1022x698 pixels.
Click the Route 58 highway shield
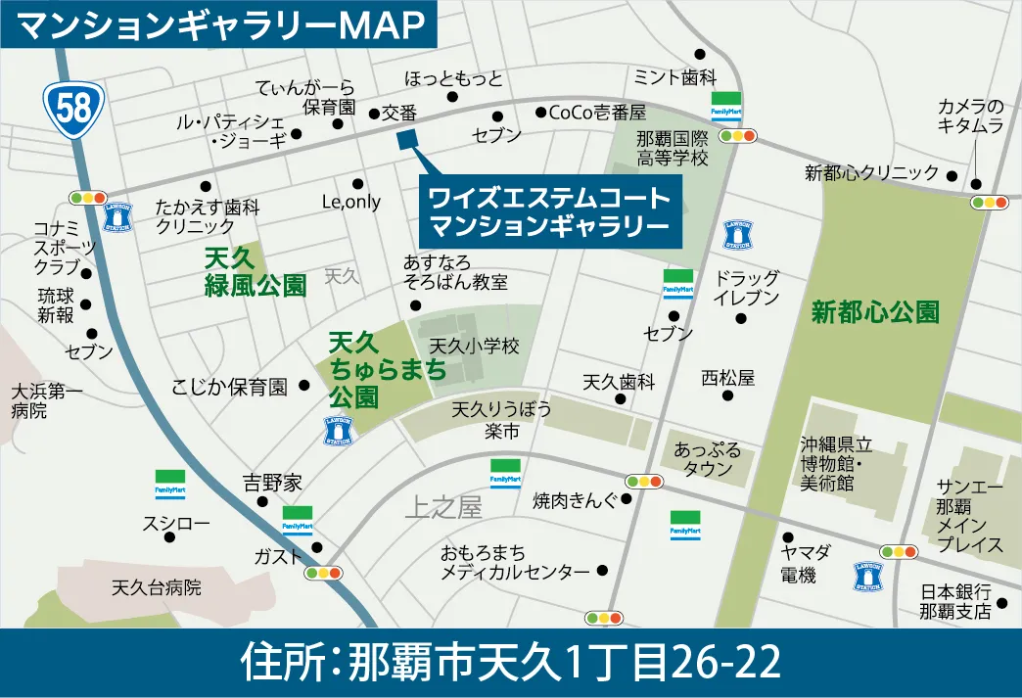73,107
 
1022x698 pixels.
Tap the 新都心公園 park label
875,312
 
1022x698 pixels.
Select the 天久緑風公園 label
255,273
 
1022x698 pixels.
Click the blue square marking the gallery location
408,139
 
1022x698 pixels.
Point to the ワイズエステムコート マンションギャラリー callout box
549,212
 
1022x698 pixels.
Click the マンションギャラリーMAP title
221,25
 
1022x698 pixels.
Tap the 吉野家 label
272,483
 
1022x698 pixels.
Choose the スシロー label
176,523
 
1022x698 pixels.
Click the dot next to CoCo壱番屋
540,113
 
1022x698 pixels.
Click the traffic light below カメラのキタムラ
989,203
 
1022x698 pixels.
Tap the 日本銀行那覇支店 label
955,602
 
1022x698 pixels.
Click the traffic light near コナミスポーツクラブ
88,198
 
